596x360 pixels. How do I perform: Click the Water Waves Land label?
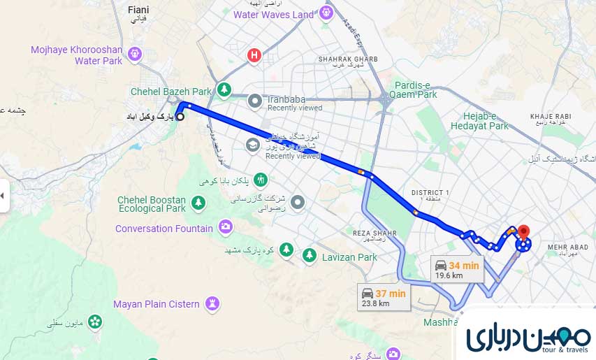click(273, 15)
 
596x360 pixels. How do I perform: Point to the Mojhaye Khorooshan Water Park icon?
click(135, 52)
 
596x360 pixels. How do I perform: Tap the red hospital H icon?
click(255, 55)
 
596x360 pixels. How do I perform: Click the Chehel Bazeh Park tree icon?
click(224, 89)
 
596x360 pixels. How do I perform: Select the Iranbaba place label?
click(286, 99)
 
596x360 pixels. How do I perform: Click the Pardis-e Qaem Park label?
click(416, 89)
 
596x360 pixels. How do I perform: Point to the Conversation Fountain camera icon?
click(226, 226)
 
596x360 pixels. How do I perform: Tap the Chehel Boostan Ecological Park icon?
click(198, 202)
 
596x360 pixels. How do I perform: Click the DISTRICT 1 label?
click(430, 192)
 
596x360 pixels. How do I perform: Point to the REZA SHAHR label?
click(375, 233)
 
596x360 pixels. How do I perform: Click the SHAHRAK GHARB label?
click(348, 59)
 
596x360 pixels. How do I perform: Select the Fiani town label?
click(139, 10)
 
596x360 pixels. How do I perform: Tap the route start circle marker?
click(180, 117)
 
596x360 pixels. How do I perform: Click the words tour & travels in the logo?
click(565, 350)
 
